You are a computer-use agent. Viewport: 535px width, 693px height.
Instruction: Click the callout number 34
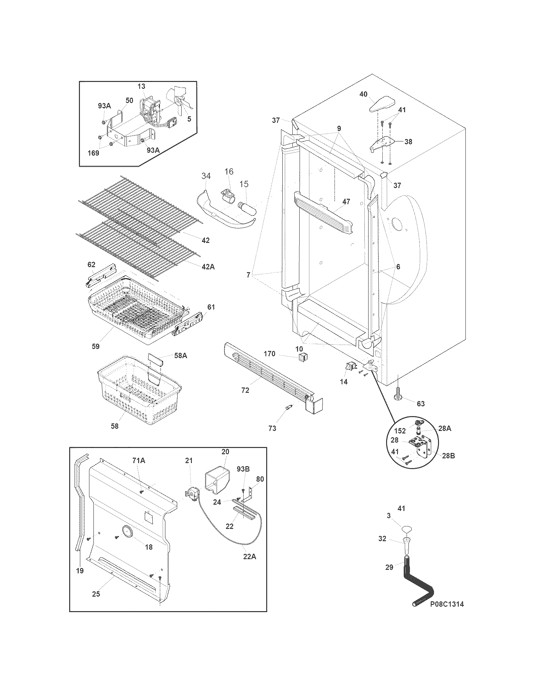click(x=206, y=176)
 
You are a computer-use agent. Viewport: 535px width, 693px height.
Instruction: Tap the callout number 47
click(x=346, y=201)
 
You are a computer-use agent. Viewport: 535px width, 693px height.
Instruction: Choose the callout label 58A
click(x=180, y=356)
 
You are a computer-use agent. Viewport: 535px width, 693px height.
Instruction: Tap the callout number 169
click(x=93, y=153)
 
